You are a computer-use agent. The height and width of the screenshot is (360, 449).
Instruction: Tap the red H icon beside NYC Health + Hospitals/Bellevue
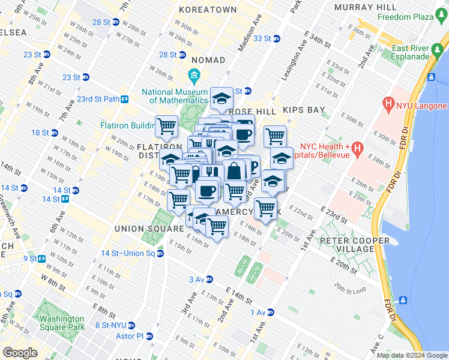(358, 147)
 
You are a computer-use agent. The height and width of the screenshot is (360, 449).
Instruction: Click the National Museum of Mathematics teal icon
(194, 75)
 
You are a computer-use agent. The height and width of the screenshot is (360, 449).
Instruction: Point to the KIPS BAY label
(304, 111)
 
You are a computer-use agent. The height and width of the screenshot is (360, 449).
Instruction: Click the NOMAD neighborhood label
(208, 60)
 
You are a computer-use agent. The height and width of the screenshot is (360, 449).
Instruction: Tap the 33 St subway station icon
(276, 39)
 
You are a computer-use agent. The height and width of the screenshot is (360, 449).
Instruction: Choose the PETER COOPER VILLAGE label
(354, 245)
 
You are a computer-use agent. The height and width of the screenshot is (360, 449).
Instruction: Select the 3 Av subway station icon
(209, 279)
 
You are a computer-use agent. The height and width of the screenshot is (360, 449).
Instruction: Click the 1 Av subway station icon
(271, 312)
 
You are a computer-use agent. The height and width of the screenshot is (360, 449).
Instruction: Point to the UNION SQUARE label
(149, 229)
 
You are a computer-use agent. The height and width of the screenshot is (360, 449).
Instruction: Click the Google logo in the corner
(20, 353)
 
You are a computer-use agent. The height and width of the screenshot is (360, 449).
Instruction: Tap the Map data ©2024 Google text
(411, 355)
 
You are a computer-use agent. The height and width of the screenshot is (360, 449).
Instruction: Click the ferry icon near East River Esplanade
(431, 76)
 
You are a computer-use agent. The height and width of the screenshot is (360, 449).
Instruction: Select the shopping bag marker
(233, 171)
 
